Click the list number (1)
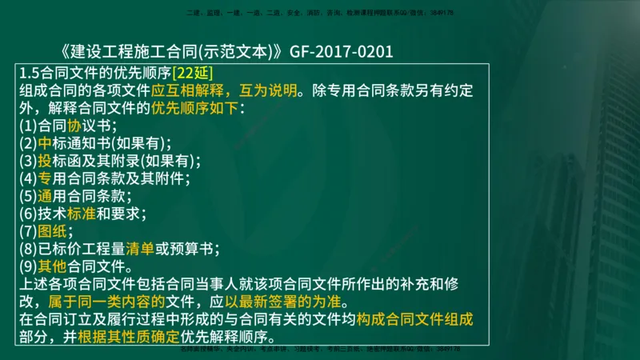[x=28, y=126]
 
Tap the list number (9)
[x=28, y=266]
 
